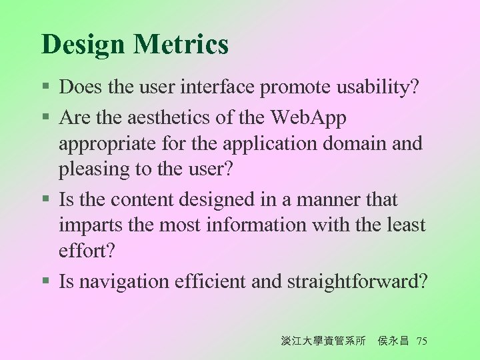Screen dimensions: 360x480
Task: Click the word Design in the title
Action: pyautogui.click(x=83, y=45)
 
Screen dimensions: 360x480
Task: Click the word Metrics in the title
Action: pyautogui.click(x=181, y=45)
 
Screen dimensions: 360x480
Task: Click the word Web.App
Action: pyautogui.click(x=309, y=118)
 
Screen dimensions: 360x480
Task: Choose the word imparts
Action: pyautogui.click(x=86, y=226)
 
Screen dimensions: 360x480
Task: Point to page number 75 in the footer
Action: pyautogui.click(x=421, y=341)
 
